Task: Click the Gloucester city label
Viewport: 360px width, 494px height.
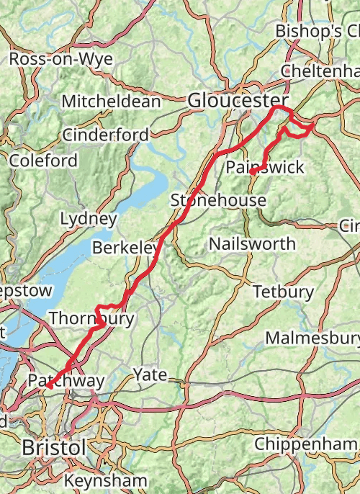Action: [x=238, y=102]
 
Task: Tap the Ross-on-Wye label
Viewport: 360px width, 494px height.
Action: [x=61, y=59]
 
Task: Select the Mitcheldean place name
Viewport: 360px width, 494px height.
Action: [x=111, y=102]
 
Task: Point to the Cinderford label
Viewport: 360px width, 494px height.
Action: [x=106, y=135]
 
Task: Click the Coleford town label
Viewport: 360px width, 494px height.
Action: [x=43, y=161]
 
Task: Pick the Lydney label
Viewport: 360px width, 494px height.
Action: [x=88, y=218]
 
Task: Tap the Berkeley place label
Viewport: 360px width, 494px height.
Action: [x=125, y=248]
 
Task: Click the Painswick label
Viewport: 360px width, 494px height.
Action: [x=264, y=168]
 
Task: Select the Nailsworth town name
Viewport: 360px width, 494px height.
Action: [x=252, y=243]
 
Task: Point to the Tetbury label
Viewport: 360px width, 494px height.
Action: [x=283, y=292]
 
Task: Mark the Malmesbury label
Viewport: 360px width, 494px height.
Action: [x=312, y=338]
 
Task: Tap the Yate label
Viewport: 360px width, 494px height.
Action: [x=150, y=374]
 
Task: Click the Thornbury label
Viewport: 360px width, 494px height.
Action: [x=91, y=318]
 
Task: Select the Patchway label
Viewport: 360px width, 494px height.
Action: [x=66, y=380]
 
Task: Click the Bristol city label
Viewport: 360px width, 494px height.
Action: [x=54, y=447]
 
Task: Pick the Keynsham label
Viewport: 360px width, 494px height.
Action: [x=105, y=480]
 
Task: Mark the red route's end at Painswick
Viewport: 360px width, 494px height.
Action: [x=251, y=173]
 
